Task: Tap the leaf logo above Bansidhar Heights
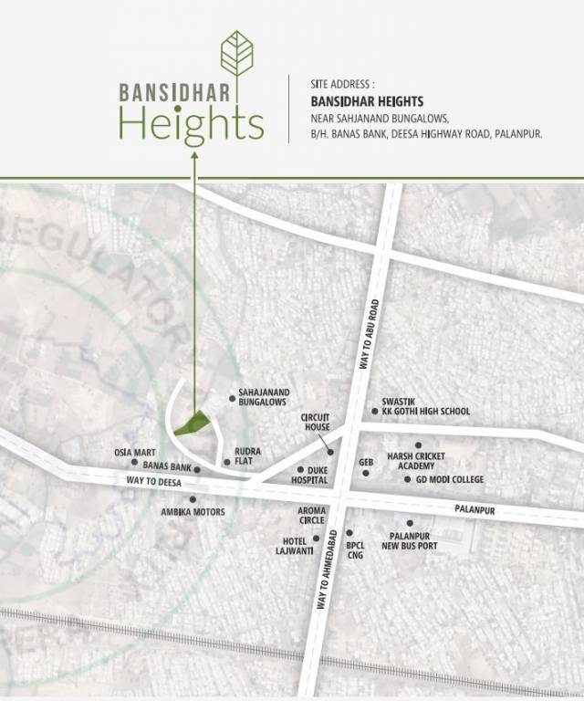click(238, 54)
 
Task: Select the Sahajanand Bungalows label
click(263, 397)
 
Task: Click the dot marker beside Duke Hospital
click(300, 469)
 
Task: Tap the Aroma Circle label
click(312, 517)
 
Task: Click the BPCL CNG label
click(355, 549)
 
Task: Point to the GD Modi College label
click(450, 479)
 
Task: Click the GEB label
click(367, 463)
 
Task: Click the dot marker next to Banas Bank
click(196, 469)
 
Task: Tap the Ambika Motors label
click(193, 512)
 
